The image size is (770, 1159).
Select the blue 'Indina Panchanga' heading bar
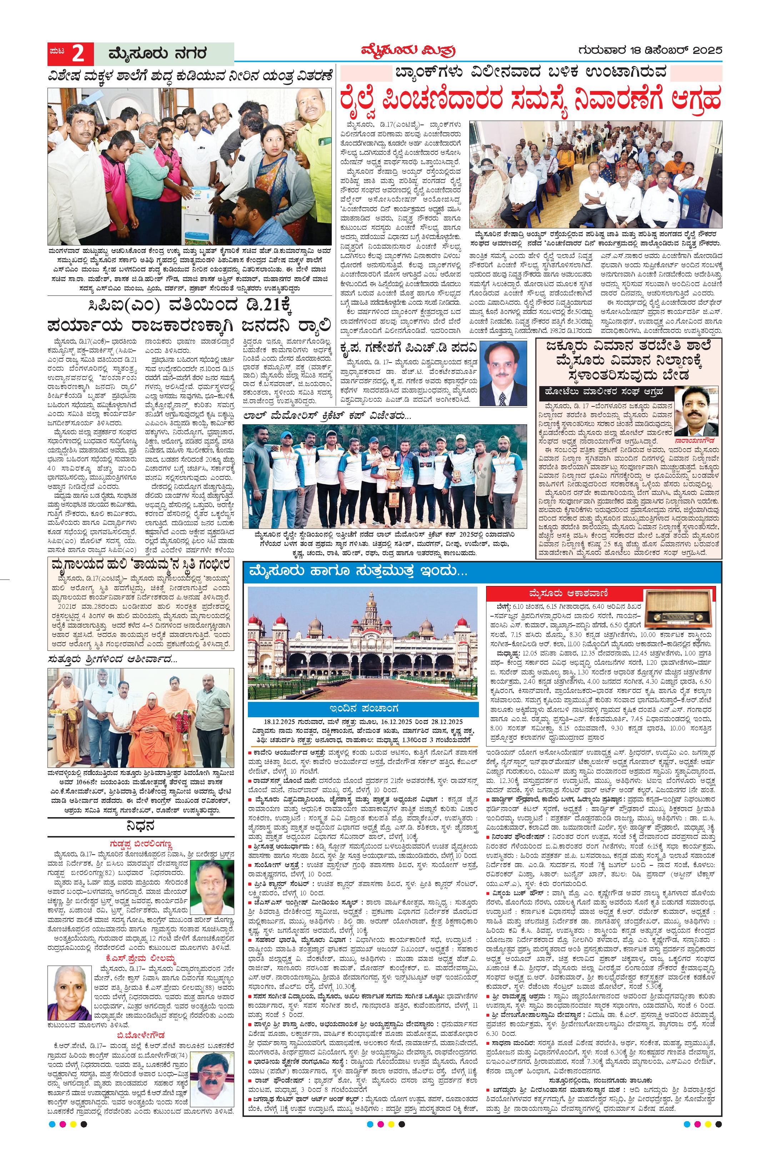[x=362, y=709]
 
